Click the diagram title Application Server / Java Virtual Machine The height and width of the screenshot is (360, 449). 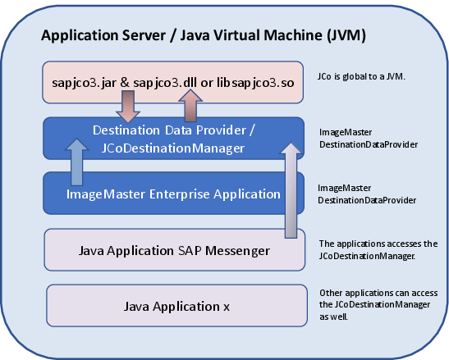(x=204, y=36)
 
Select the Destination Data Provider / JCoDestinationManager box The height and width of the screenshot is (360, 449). (x=173, y=139)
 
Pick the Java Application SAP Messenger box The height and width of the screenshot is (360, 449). (x=174, y=250)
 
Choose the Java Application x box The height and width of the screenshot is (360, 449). (x=176, y=306)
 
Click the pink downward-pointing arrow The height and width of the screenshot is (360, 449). (x=128, y=107)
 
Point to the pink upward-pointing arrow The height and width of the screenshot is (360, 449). (x=190, y=105)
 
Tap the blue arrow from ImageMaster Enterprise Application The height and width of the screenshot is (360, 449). (x=76, y=162)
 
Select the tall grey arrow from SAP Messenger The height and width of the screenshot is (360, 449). (x=291, y=190)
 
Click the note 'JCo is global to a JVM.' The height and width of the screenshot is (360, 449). (x=361, y=77)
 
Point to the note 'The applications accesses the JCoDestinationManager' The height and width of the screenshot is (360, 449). (x=378, y=249)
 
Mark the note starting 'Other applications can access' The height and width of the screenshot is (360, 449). (x=378, y=305)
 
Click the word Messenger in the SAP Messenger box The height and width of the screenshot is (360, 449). (x=238, y=251)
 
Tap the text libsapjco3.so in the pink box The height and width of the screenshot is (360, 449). (x=255, y=83)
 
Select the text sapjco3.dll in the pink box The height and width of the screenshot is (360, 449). (x=165, y=83)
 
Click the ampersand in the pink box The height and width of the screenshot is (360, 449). (x=125, y=83)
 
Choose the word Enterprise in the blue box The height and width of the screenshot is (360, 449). (x=180, y=194)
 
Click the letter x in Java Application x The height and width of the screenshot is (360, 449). (x=227, y=308)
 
